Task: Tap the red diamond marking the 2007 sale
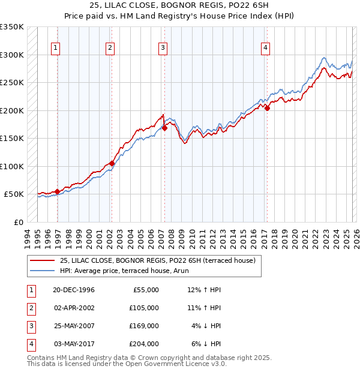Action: pos(164,128)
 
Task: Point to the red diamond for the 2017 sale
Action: pos(268,109)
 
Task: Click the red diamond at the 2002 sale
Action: pos(112,163)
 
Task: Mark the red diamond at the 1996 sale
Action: pos(58,191)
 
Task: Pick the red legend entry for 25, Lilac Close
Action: pos(158,260)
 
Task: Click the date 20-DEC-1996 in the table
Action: pos(74,290)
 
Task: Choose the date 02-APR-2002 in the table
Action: pos(74,308)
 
